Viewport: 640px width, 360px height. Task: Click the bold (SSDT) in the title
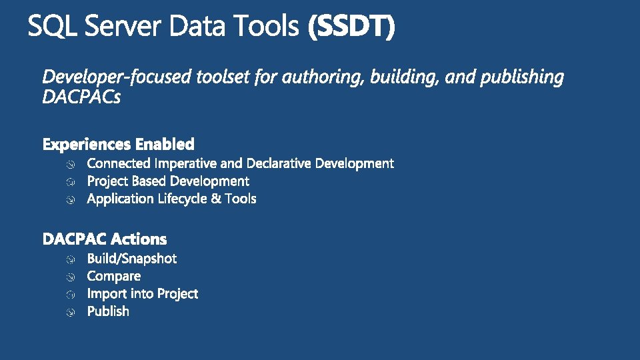pos(351,26)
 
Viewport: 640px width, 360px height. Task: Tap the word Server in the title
pos(123,26)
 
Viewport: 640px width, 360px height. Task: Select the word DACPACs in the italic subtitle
pos(81,97)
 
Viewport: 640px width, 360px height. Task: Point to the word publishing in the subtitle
pos(522,77)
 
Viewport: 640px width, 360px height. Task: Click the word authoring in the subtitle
pos(323,77)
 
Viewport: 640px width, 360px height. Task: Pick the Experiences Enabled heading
pos(119,144)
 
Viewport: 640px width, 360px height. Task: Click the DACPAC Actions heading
pos(105,239)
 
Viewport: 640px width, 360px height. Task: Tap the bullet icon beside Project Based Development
pos(71,181)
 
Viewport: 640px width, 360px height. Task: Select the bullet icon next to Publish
pos(71,312)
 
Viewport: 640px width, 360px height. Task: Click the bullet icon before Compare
pos(71,277)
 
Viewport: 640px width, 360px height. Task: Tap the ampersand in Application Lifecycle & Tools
pos(216,199)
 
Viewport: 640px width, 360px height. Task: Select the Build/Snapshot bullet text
pos(132,259)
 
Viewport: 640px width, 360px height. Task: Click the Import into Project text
pos(143,294)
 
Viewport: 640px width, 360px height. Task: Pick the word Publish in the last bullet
pos(108,311)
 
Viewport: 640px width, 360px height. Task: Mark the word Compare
pos(114,276)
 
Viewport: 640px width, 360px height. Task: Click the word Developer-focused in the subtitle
pos(117,77)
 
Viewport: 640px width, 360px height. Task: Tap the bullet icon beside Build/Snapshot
pos(71,259)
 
